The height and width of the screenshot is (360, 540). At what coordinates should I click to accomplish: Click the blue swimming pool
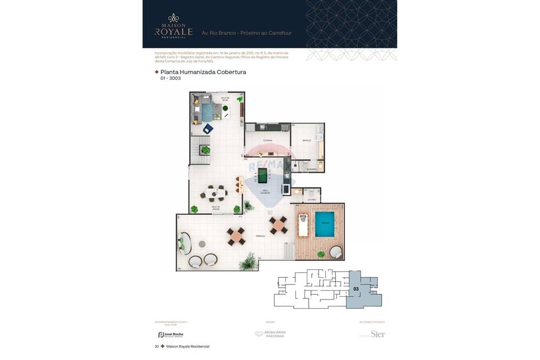point(325,224)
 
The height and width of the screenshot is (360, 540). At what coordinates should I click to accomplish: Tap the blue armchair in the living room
point(208,128)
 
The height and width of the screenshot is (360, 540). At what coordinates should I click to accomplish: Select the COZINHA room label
point(267,140)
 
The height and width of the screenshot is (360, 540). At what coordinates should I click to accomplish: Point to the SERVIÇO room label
point(306,140)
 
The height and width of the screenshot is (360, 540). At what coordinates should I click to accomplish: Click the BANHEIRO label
point(311,169)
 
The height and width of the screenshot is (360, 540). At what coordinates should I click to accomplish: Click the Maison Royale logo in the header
point(173,26)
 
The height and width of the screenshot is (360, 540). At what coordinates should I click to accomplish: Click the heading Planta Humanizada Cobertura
point(203,72)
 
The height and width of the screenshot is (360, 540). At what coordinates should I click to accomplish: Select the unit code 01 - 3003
point(170,79)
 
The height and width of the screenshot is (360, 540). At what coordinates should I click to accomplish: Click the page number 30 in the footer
point(157,347)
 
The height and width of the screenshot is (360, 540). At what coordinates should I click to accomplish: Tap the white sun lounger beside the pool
point(303,225)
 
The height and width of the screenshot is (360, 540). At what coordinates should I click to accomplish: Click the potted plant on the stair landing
point(205,150)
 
